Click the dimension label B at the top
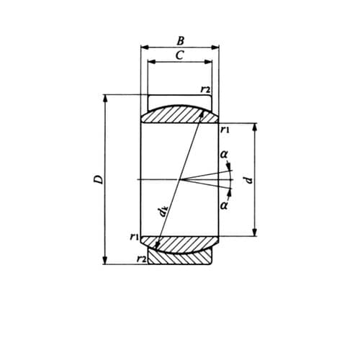180,40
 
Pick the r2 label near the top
204,89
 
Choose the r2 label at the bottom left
141,258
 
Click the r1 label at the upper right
224,130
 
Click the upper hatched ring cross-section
179,114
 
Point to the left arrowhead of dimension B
143,48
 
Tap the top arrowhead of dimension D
106,98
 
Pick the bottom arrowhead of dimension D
106,261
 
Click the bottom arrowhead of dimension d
255,233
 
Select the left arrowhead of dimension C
150,62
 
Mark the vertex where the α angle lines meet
184,179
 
